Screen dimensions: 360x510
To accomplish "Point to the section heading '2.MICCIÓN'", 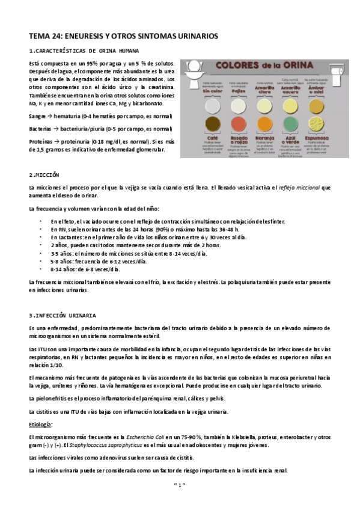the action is [44, 174].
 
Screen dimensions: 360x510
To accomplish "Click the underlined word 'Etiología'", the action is [40, 425].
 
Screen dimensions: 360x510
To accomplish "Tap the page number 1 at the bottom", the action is [180, 484].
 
